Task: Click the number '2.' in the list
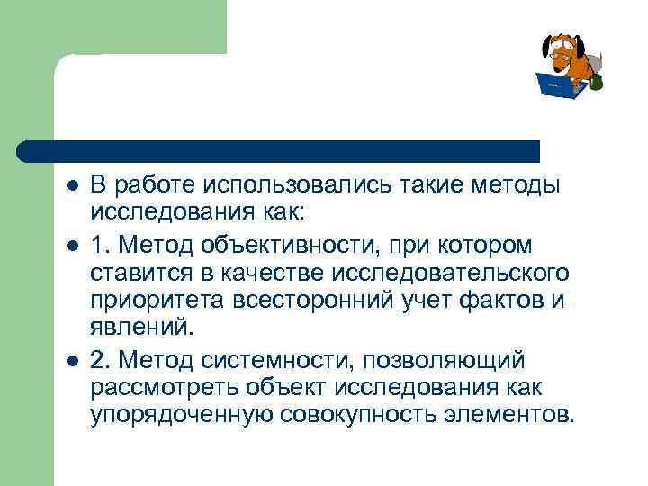coord(100,360)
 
